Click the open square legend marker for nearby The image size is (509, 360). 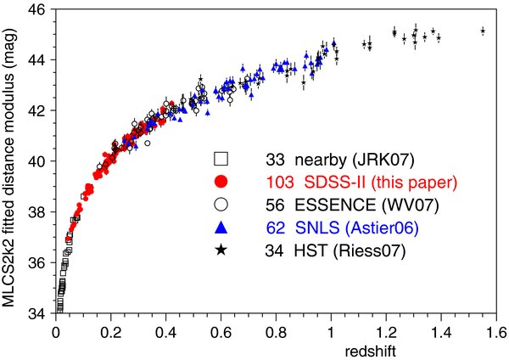coord(221,159)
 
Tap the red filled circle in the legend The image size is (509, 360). coord(221,181)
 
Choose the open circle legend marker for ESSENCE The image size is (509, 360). coord(221,204)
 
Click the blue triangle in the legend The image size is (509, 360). coord(221,226)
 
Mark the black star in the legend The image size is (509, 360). coord(221,249)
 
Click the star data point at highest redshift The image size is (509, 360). coord(483,31)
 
